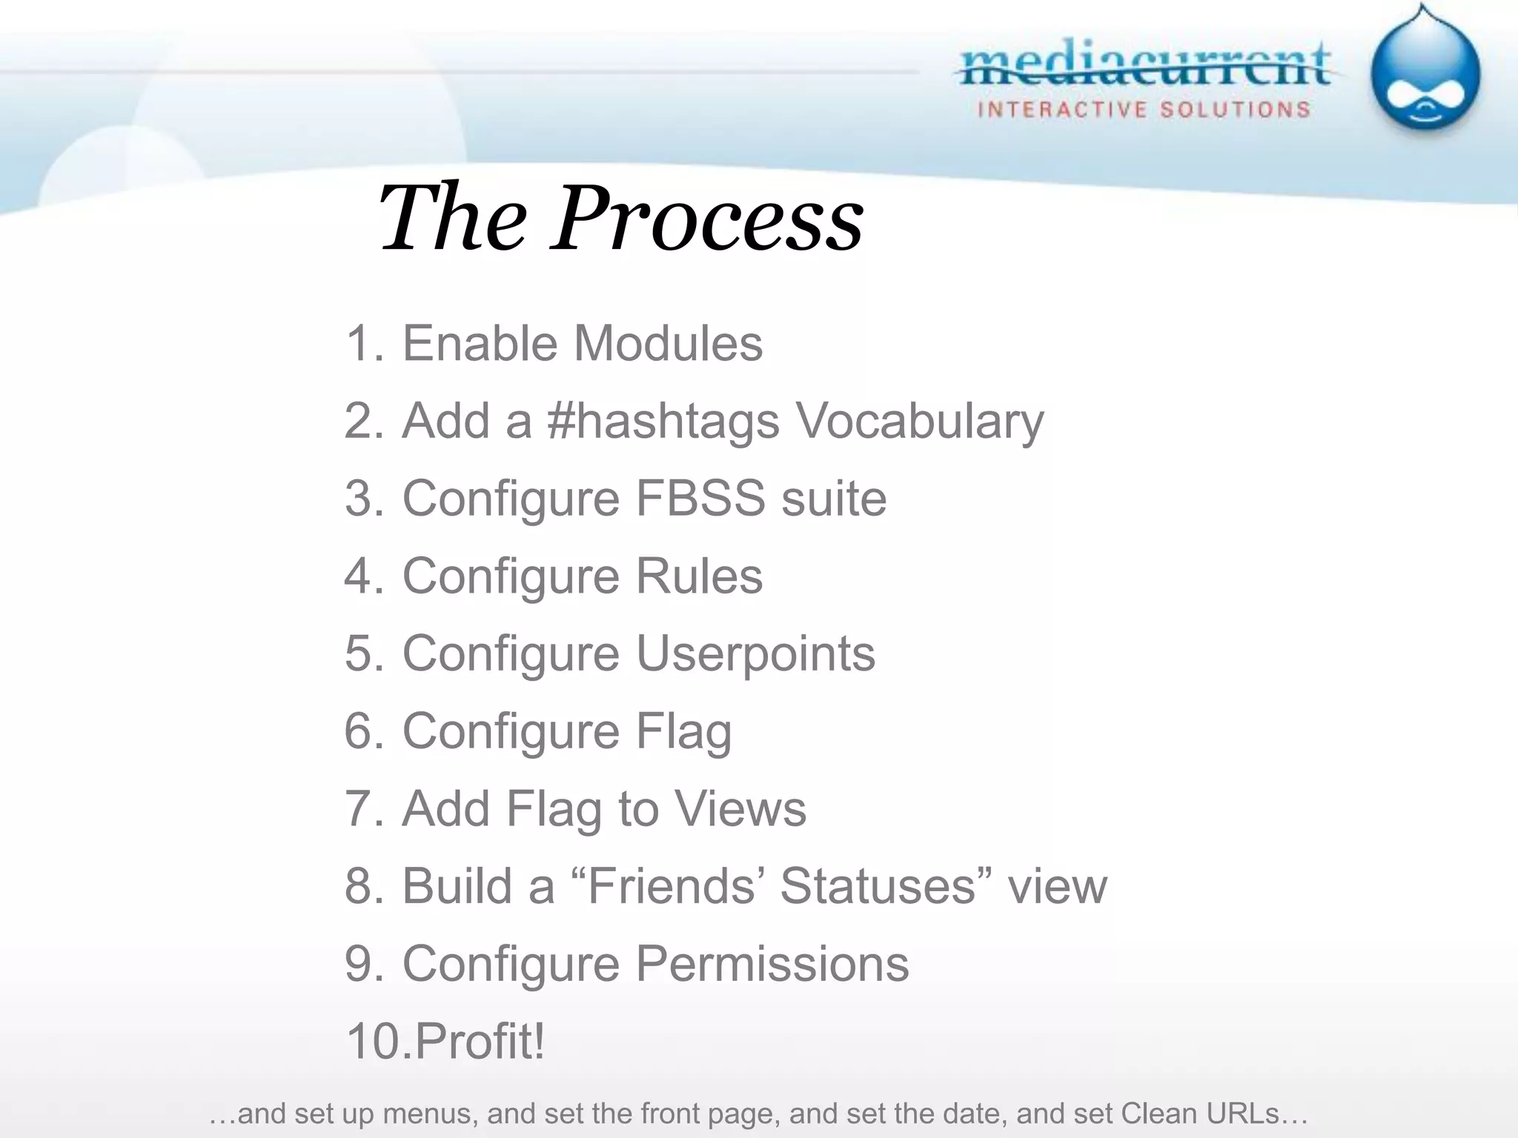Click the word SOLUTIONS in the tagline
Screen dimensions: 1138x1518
(1235, 110)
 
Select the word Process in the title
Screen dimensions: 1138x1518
(708, 218)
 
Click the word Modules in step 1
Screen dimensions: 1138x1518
(668, 343)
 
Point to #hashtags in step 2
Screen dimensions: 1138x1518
(663, 421)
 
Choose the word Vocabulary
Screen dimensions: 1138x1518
(919, 421)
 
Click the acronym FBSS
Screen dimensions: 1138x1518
(700, 498)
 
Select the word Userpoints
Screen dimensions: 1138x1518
(755, 653)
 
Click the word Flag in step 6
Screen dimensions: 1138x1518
(683, 731)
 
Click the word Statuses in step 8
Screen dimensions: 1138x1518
(876, 886)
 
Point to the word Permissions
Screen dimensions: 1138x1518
(772, 964)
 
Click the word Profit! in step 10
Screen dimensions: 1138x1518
(480, 1041)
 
